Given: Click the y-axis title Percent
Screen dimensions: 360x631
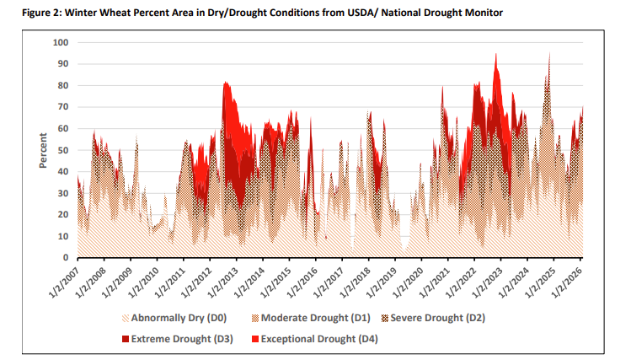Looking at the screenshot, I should coord(43,150).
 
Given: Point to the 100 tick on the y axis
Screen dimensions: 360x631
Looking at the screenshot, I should coord(60,42).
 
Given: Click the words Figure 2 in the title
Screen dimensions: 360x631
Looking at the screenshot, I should coord(26,10).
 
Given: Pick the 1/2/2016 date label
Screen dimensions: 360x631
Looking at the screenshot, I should coord(302,281).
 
